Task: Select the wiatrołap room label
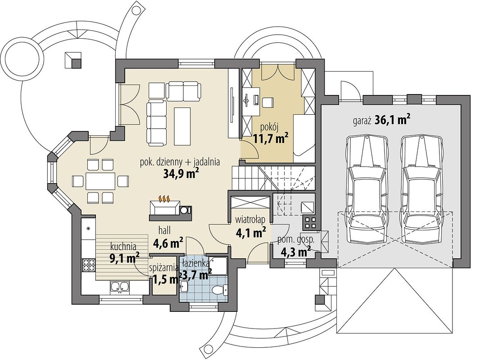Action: tap(250, 220)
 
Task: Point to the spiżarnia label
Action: tap(163, 267)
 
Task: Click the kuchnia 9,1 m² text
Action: tap(124, 253)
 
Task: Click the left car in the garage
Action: tap(366, 189)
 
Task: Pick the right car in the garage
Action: tap(421, 189)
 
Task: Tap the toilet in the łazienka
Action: tap(219, 290)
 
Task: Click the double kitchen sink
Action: tap(120, 287)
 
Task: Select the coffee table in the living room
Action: tap(182, 126)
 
